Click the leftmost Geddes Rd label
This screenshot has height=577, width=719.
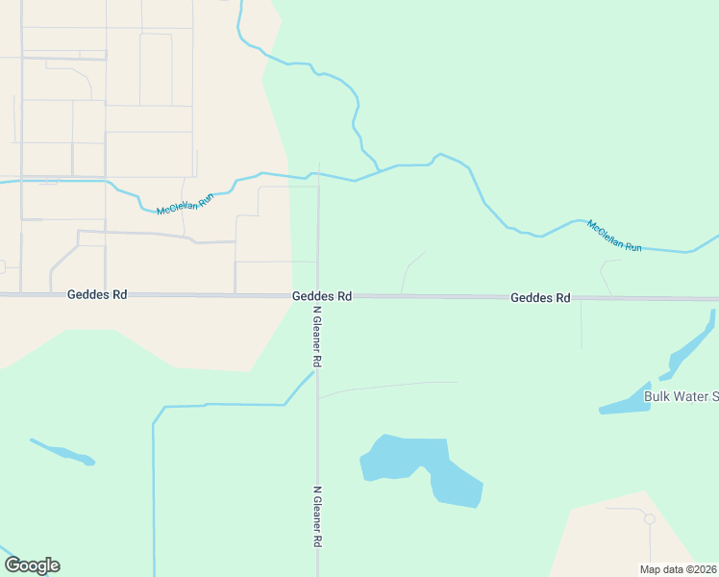pyautogui.click(x=97, y=295)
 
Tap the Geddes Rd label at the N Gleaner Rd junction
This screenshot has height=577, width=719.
pyautogui.click(x=322, y=296)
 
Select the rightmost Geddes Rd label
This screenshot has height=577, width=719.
pyautogui.click(x=540, y=298)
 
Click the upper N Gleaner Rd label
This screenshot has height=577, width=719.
pyautogui.click(x=316, y=336)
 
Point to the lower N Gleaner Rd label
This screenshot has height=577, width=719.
pyautogui.click(x=316, y=517)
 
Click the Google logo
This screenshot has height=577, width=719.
pyautogui.click(x=32, y=565)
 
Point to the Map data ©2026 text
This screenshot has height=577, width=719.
pyautogui.click(x=679, y=569)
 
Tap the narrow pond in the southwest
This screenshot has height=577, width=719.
pyautogui.click(x=62, y=452)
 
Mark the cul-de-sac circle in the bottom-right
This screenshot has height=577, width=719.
pyautogui.click(x=649, y=519)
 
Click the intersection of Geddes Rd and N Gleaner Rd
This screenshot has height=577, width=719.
pyautogui.click(x=318, y=296)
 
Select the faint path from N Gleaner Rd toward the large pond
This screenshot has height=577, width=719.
pyautogui.click(x=384, y=387)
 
